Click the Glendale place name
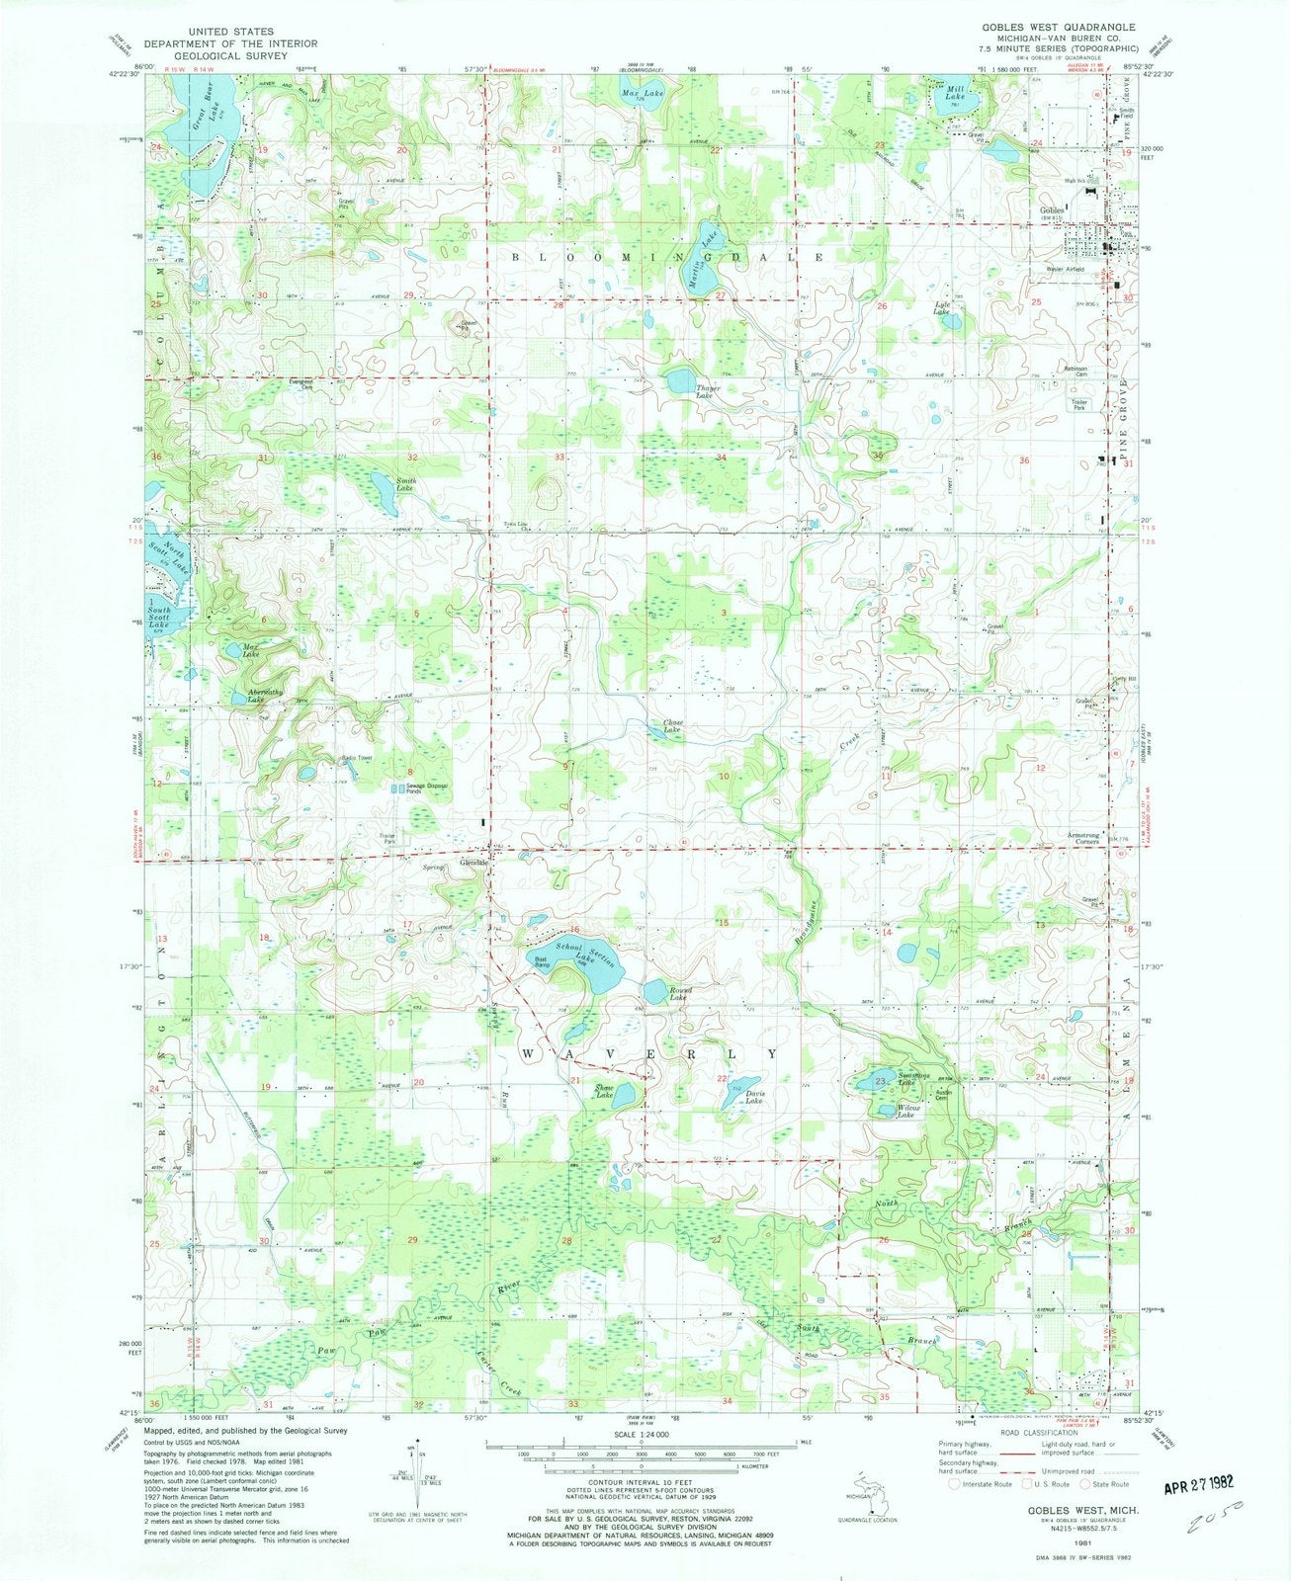tap(475, 862)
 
